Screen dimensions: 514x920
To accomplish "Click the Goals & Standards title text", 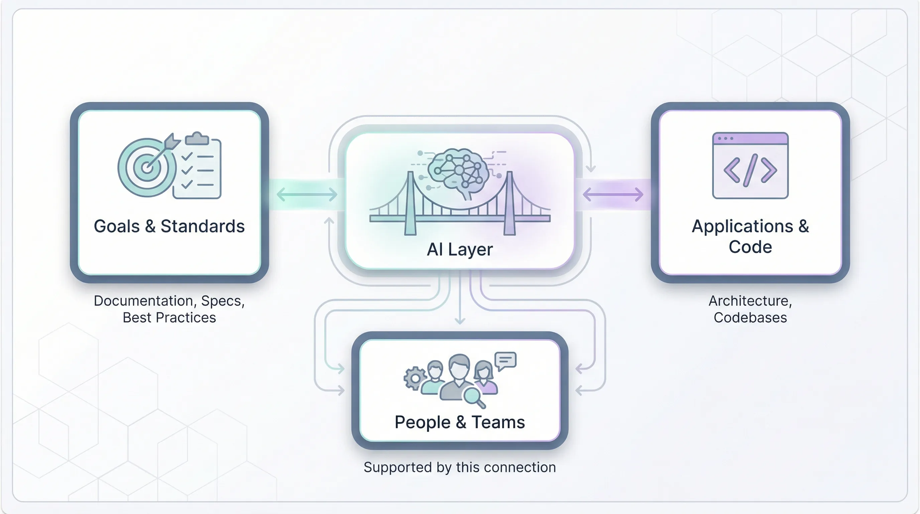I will tap(169, 226).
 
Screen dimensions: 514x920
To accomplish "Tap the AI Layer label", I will tap(460, 250).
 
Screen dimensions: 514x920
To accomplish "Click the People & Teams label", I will tap(460, 422).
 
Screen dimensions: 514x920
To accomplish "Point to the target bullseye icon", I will tap(147, 167).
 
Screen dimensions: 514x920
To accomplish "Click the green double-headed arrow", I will tap(307, 195).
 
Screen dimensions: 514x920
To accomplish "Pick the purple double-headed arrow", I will tap(613, 195).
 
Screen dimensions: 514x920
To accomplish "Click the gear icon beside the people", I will tap(414, 378).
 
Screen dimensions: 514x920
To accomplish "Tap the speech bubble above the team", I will tap(505, 360).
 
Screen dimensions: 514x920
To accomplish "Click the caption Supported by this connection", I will tap(460, 467).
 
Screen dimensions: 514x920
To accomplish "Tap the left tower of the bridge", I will tap(411, 204).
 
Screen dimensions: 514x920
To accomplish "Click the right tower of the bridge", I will tap(509, 204).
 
